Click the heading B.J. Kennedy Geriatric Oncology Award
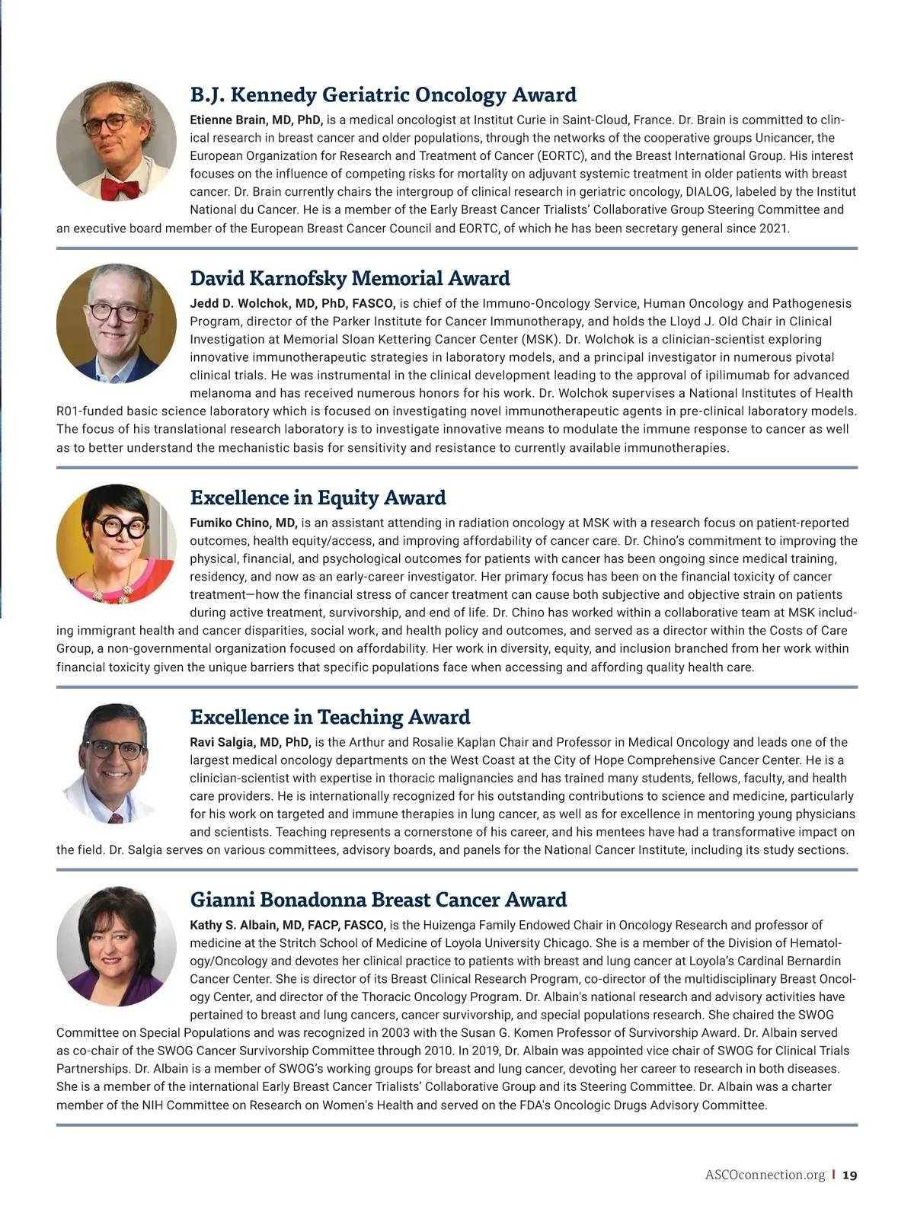[x=383, y=95]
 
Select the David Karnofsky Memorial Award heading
[x=350, y=278]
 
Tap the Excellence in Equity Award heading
[x=318, y=497]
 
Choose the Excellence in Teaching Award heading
[x=330, y=717]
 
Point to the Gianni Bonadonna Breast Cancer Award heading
[x=379, y=900]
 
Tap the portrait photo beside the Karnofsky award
[x=117, y=323]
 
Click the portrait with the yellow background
[x=117, y=543]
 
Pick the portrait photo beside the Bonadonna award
[x=117, y=945]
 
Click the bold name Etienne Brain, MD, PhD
[x=257, y=120]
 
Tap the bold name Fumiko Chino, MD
[x=243, y=523]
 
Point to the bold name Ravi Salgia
[x=250, y=742]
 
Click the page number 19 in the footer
[x=850, y=1175]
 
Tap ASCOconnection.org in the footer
[x=765, y=1175]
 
